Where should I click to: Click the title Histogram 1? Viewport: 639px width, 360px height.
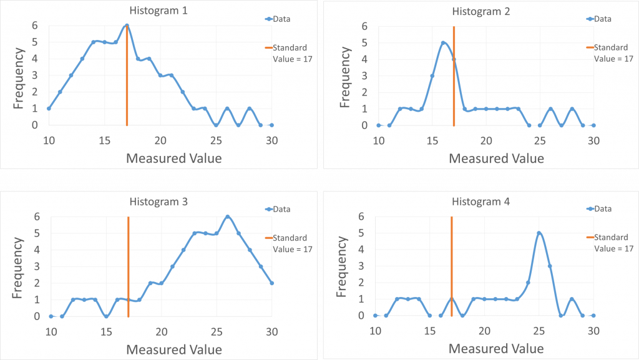158,11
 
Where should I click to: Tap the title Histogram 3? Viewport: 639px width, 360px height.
158,202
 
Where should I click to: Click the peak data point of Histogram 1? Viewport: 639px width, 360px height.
127,26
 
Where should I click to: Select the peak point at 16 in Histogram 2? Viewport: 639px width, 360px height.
443,43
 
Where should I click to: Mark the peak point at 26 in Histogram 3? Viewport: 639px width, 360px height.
228,216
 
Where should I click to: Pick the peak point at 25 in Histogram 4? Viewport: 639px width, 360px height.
539,233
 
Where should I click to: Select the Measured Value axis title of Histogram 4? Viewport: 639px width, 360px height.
496,349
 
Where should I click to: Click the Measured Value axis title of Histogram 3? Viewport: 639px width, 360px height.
174,349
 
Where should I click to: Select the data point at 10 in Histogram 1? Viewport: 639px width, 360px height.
49,109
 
